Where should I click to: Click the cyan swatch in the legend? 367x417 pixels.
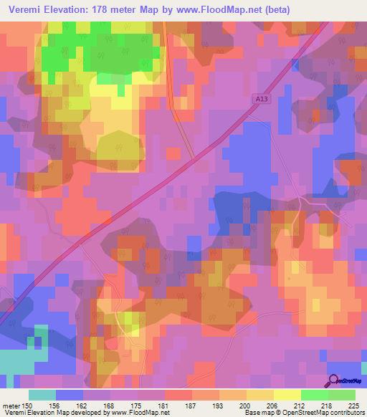coord(43,395)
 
